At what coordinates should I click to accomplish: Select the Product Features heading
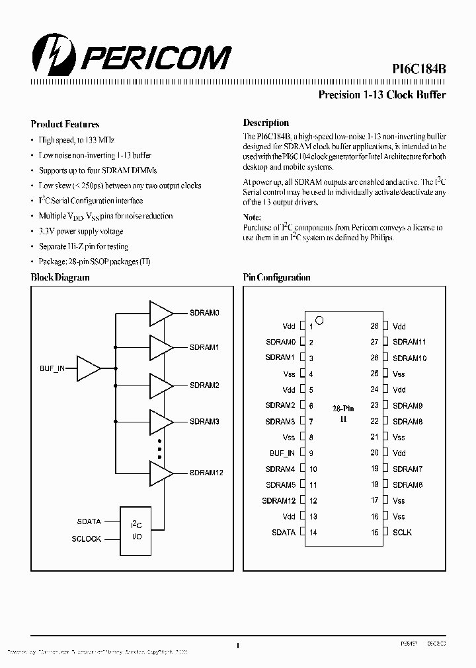click(x=65, y=123)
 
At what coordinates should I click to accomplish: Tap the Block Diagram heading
click(x=60, y=278)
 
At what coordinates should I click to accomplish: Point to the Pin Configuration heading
click(x=276, y=278)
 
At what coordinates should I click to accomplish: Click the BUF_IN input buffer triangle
click(x=89, y=368)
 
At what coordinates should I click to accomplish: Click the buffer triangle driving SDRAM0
click(x=161, y=314)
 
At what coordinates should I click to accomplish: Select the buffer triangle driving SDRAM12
click(x=161, y=473)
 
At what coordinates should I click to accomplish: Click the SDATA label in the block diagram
click(x=89, y=521)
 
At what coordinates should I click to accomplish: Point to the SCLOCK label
click(x=86, y=539)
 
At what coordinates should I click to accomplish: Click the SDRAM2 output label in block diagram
click(x=204, y=385)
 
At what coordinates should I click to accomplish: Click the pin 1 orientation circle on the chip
click(x=320, y=321)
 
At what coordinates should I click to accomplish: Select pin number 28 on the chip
click(x=375, y=326)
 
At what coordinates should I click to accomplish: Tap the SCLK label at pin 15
click(x=402, y=532)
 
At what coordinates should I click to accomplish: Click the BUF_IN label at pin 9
click(x=282, y=453)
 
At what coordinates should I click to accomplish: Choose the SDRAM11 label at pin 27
click(x=409, y=342)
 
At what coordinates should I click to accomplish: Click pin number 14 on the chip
click(x=313, y=532)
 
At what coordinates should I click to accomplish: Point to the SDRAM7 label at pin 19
click(x=407, y=469)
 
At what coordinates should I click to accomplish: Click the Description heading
click(x=266, y=123)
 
